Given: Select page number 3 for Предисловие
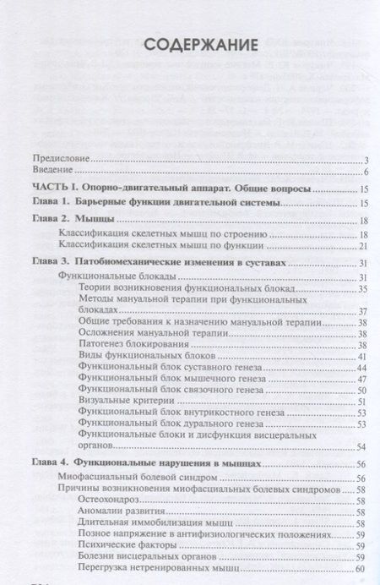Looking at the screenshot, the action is (361, 160).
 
